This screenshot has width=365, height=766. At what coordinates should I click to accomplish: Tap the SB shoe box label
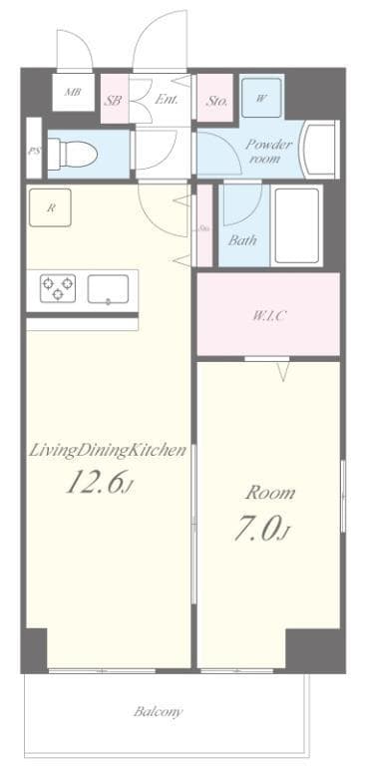[114, 100]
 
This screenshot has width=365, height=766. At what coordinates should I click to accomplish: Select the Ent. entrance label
[167, 100]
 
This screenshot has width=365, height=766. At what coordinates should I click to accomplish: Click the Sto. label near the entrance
[217, 100]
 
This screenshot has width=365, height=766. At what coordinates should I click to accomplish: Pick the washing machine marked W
[261, 98]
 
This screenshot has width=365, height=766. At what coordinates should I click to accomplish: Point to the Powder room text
[269, 151]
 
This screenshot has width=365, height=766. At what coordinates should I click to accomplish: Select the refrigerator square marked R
[50, 208]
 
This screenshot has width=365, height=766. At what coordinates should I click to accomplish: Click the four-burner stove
[57, 288]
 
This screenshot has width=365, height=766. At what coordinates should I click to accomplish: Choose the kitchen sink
[108, 289]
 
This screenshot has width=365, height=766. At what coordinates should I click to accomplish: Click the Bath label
[242, 240]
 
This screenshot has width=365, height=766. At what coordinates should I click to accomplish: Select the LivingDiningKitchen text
[108, 451]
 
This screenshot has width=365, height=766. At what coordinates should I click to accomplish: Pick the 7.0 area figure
[262, 530]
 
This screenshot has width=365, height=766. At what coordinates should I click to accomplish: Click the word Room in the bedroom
[271, 494]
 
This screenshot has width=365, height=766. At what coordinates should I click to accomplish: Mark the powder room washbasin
[321, 150]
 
